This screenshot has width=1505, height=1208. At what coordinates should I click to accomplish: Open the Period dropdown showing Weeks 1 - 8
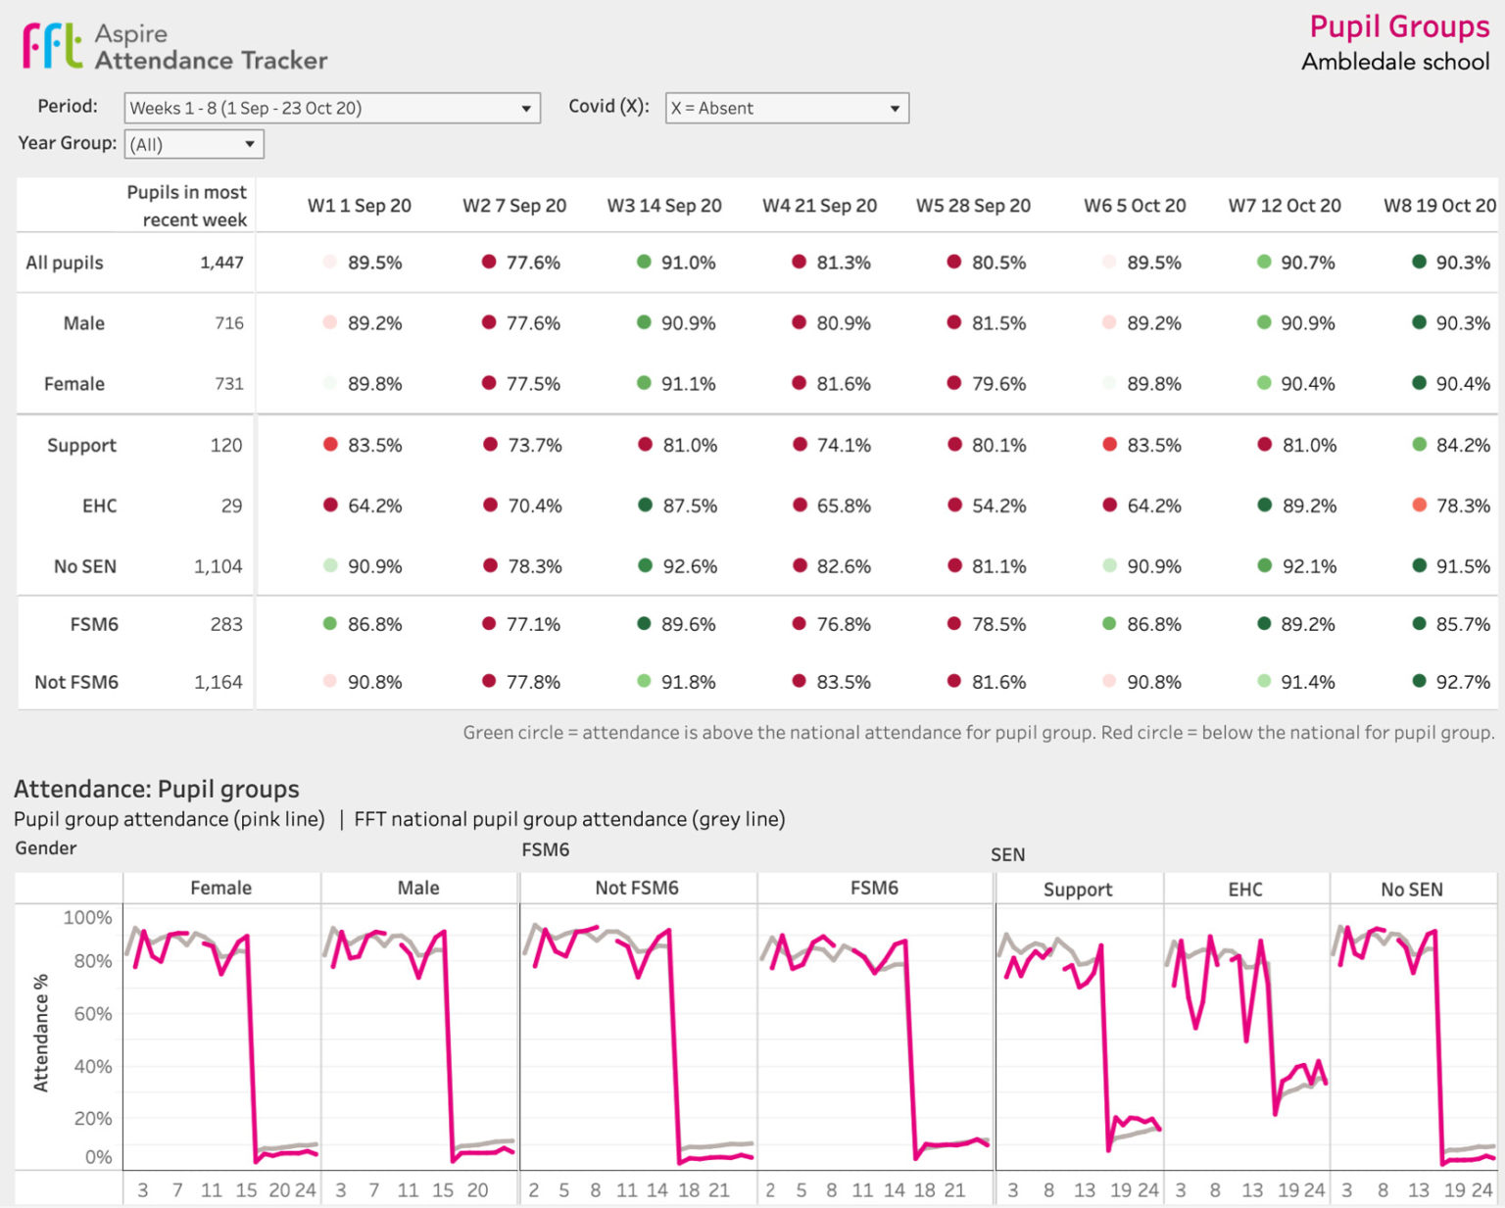coord(331,108)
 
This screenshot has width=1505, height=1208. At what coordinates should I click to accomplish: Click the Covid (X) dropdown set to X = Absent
coord(786,108)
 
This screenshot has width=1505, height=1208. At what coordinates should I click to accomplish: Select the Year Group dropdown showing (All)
coord(193,145)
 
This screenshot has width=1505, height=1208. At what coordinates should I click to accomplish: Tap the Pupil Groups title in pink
coord(1398,26)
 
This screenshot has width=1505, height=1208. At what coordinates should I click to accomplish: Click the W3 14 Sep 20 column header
coord(663,206)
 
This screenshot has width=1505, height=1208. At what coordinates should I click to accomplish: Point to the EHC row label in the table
coord(99,506)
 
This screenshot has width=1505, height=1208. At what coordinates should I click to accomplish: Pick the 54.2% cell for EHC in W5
coord(997,506)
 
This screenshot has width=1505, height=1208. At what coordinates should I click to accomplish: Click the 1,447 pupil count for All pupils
coord(221,263)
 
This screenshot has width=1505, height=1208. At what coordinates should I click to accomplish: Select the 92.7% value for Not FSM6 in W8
coord(1462,682)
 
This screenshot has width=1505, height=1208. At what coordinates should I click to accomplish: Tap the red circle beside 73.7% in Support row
coord(490,445)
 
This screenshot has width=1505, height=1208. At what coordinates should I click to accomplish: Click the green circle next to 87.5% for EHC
coord(645,506)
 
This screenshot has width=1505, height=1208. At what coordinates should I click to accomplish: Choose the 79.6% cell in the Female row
coord(997,384)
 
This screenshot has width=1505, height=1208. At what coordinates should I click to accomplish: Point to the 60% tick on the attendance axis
coord(93,1013)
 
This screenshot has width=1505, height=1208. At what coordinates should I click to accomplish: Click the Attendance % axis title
coord(41,1033)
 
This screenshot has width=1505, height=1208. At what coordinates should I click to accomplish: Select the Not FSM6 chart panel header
coord(637,888)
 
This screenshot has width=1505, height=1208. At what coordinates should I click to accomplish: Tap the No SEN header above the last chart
coord(1411,890)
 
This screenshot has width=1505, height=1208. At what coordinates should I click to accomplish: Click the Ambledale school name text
coord(1394,62)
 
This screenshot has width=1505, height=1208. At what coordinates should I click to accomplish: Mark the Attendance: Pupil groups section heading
coord(157,789)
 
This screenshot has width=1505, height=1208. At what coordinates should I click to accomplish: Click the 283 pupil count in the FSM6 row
coord(226,624)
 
